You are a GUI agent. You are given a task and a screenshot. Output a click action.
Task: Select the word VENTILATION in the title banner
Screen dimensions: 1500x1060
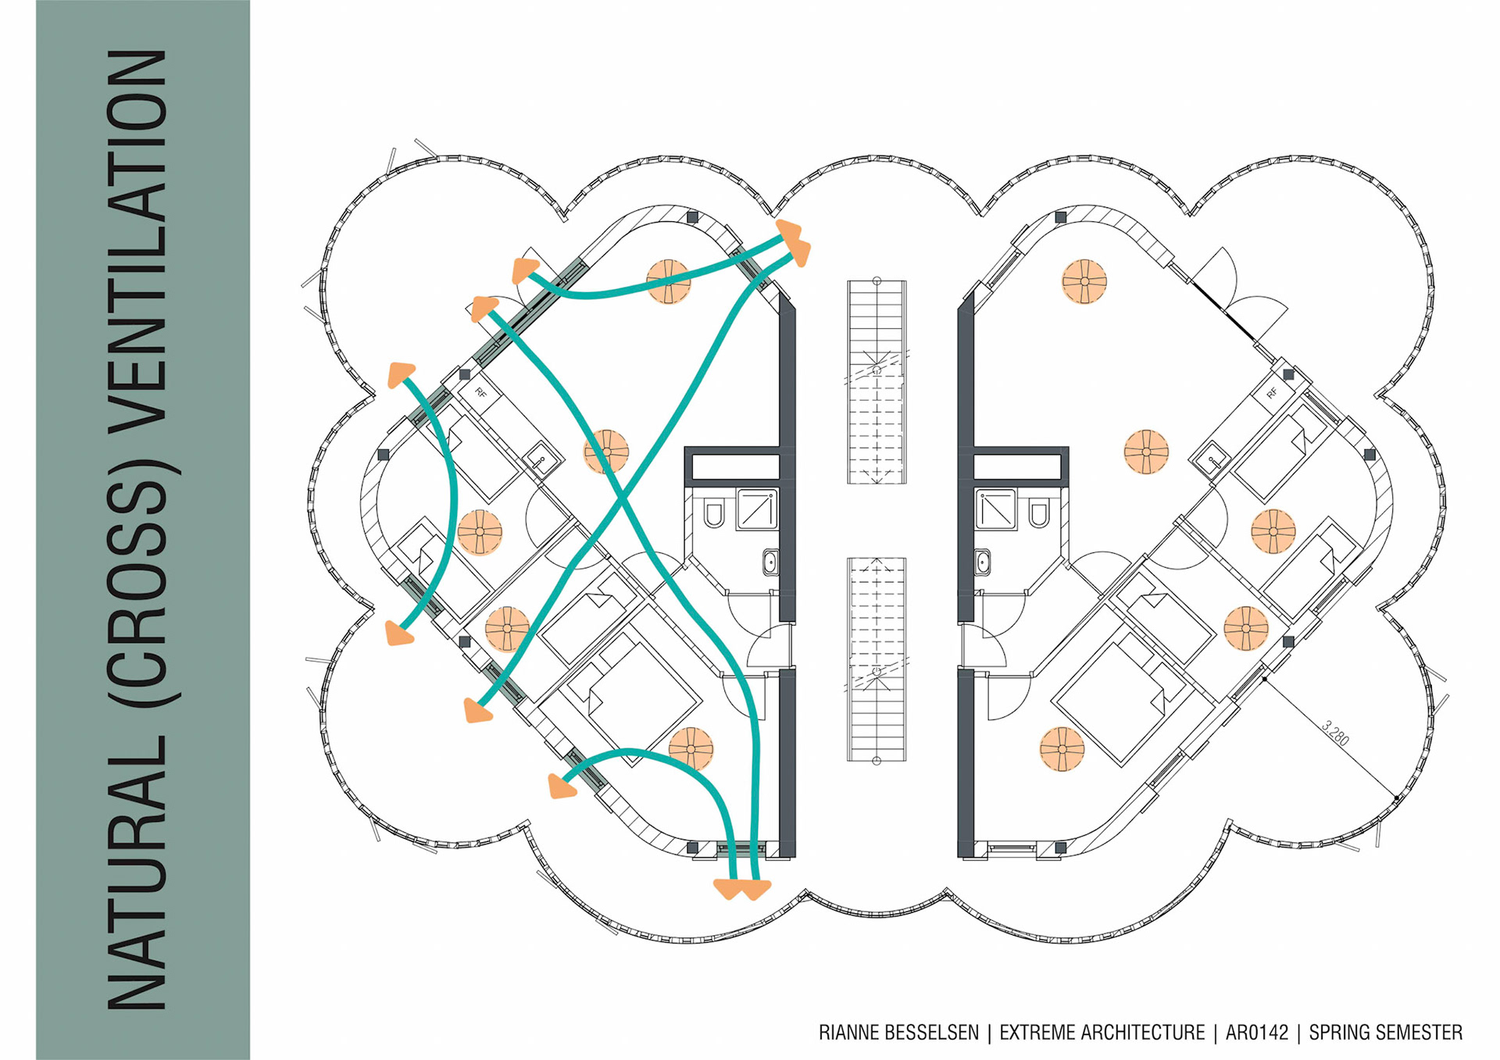coord(137,243)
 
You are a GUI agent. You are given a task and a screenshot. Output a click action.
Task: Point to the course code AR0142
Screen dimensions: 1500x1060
coord(1256,1033)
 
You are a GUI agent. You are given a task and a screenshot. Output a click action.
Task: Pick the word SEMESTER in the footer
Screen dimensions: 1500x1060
coord(1420,1033)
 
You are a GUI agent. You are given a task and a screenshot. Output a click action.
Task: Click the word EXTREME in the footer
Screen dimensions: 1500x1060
coord(1034,1033)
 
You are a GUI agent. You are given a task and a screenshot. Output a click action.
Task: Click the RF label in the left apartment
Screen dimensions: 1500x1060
coord(480,393)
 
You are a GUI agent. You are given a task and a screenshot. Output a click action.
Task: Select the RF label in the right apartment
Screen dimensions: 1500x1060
coord(1272,393)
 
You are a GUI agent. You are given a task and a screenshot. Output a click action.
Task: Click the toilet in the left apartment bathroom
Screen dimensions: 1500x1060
coord(713,514)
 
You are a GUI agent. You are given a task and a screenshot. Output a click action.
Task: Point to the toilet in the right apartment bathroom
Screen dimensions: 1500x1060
coord(1038,514)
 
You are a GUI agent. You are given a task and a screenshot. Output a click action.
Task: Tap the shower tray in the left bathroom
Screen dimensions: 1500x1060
coord(757,509)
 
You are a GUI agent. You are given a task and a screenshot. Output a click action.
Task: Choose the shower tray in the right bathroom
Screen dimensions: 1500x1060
coord(995,509)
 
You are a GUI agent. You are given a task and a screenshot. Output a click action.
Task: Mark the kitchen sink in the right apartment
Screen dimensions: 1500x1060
coord(1212,457)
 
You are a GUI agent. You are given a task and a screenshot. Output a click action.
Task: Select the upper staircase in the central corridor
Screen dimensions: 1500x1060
coord(877,381)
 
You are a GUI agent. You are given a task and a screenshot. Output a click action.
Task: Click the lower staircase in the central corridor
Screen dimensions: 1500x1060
coord(877,659)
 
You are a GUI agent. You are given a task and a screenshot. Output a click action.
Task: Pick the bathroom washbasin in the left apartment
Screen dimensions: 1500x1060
coord(770,561)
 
